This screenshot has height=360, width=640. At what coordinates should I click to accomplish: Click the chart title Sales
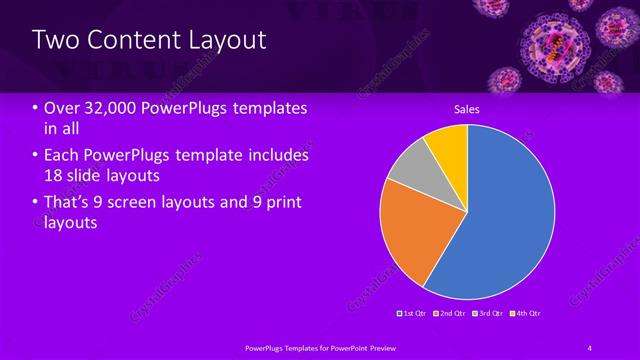tap(467, 108)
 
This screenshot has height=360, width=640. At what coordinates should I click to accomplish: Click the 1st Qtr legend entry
tap(412, 314)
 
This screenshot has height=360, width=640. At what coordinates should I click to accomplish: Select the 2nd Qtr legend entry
tap(450, 314)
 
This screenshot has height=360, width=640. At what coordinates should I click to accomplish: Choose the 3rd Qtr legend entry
tap(488, 314)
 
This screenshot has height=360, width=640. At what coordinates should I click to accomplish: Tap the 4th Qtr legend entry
tap(526, 314)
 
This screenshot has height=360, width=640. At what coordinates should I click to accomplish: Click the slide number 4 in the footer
tap(590, 347)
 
